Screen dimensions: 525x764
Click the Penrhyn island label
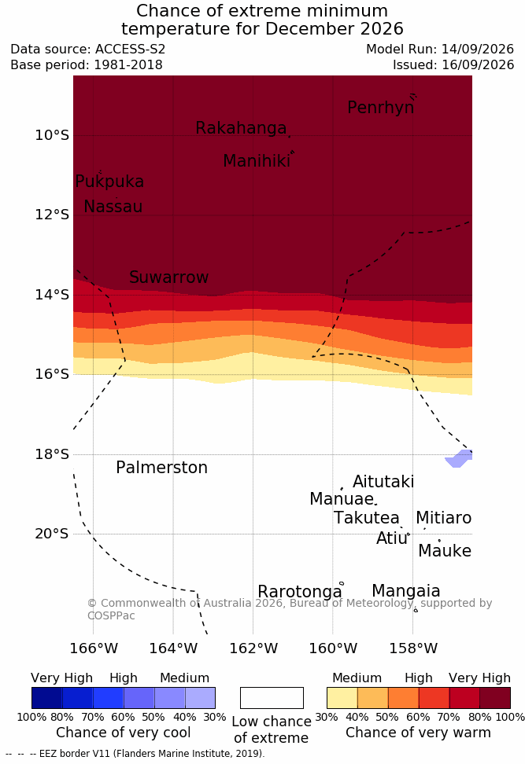coord(381,108)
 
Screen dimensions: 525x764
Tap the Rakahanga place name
coord(241,128)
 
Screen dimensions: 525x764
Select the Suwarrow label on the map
coord(168,277)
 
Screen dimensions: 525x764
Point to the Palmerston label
coord(162,468)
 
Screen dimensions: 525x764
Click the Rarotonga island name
coord(300,592)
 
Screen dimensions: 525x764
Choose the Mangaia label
coord(406,591)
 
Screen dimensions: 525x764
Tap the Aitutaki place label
coord(383,482)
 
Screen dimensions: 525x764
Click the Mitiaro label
coord(443,518)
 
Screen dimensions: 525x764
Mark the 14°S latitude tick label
coord(52,294)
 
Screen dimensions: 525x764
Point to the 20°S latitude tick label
coord(52,534)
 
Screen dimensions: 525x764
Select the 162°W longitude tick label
coord(253,648)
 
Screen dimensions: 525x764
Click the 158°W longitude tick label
coord(413,648)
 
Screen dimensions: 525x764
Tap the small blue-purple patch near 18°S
coord(459,458)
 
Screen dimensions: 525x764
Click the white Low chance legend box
coord(272,698)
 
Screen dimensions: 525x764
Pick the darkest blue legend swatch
coord(47,698)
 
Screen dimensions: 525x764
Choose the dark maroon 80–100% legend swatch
coord(495,698)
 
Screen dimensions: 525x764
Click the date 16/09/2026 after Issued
coord(478,64)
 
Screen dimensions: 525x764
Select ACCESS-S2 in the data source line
coord(131,50)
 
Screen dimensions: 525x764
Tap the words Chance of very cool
coord(124,733)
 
